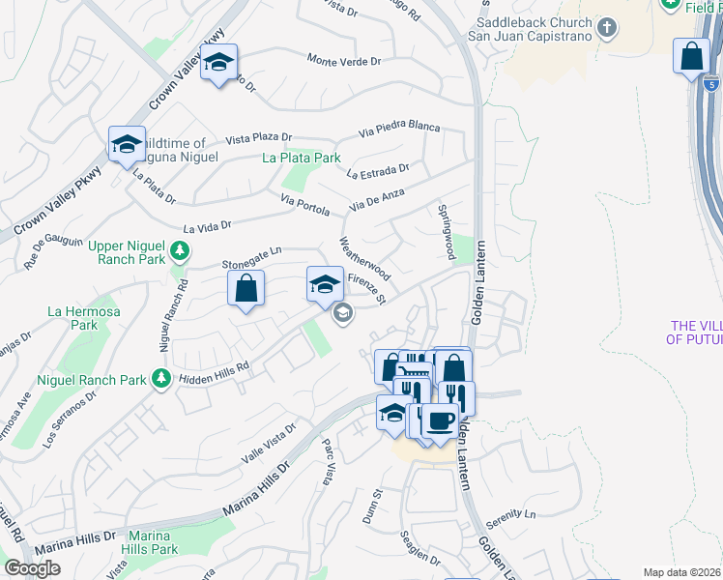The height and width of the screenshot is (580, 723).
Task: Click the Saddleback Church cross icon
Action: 607,27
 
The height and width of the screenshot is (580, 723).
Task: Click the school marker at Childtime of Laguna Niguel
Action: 127,145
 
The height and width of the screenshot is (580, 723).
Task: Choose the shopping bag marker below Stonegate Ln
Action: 246,288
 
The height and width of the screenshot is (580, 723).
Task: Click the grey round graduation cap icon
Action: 342,313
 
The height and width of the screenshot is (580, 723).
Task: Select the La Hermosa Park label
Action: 73,318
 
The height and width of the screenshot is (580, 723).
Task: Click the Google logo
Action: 32,569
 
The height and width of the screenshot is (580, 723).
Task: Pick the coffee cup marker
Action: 442,420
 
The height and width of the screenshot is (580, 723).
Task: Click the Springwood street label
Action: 446,232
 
